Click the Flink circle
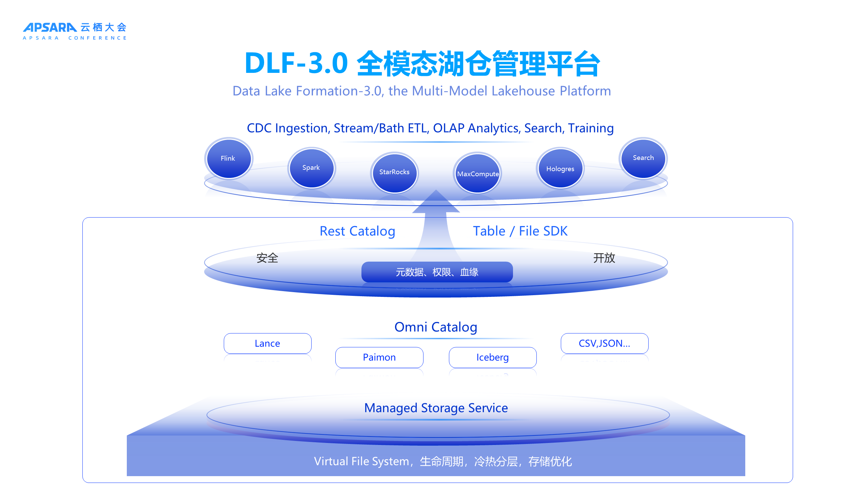coord(229,158)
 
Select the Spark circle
coord(312,168)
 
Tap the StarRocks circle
coord(394,172)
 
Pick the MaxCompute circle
coord(477,173)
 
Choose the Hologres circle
coord(560,168)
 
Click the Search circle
coord(643,158)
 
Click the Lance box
coord(268,343)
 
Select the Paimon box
coord(379,357)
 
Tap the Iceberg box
coord(493,357)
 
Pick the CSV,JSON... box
coord(605,343)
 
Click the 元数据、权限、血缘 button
coord(437,272)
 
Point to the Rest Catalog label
coord(357,231)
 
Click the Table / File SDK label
coord(520,231)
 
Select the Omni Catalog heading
coord(436,327)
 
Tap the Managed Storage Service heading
coord(436,408)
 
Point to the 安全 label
coord(267,258)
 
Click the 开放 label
coord(604,258)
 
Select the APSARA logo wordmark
coord(50,27)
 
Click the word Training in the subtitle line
coord(591,128)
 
